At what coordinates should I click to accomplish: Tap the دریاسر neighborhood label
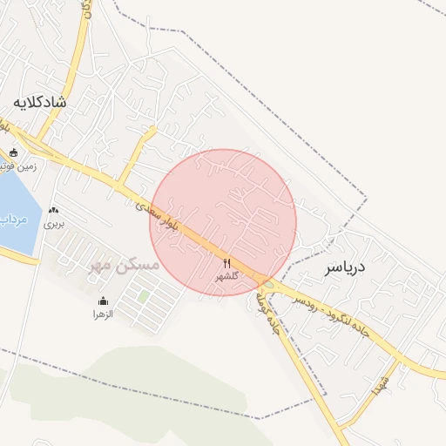344,267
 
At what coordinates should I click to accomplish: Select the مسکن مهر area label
125,264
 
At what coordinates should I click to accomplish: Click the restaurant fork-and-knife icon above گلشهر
227,263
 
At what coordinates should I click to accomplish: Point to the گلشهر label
226,276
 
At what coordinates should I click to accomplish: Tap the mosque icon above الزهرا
104,301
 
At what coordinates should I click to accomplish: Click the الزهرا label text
104,313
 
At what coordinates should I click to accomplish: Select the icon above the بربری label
55,210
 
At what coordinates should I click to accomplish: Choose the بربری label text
55,223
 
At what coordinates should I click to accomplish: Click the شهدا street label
378,385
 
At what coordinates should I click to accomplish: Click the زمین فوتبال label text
22,166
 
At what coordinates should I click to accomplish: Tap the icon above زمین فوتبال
12,152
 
